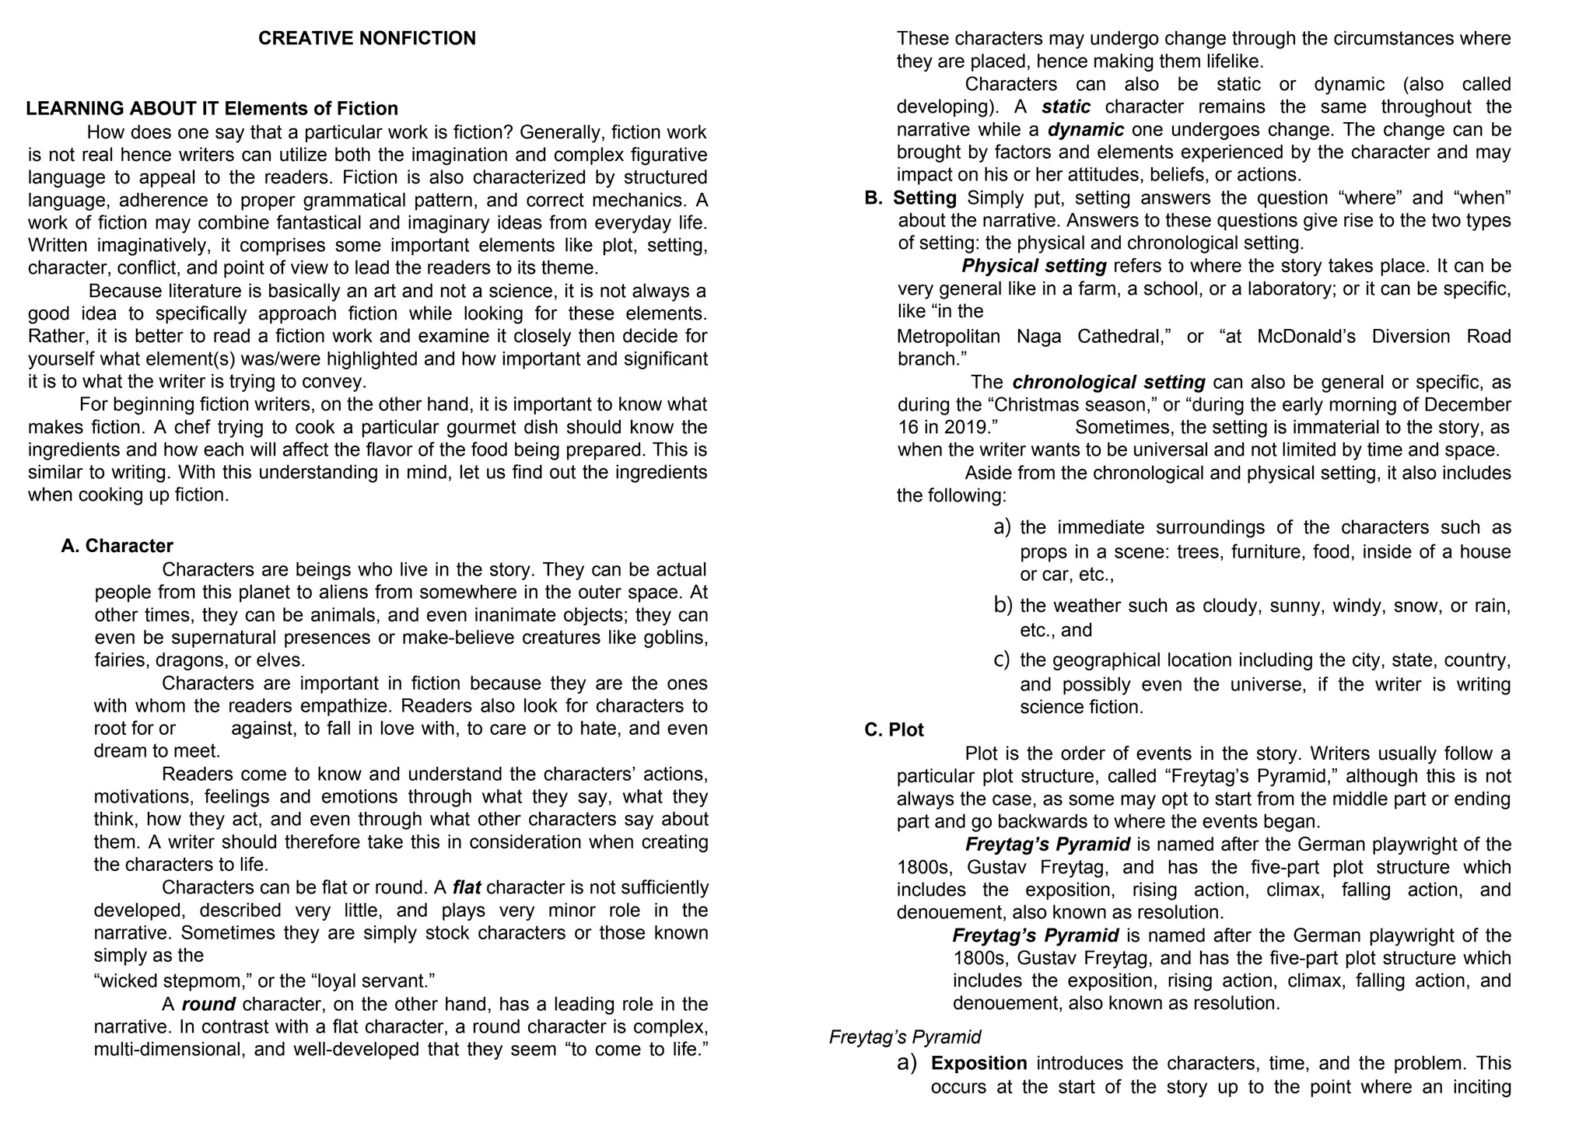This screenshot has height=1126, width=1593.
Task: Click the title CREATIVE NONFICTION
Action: coord(366,38)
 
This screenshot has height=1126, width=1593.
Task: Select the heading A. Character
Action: coord(117,546)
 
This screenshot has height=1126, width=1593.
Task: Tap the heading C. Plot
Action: coord(894,730)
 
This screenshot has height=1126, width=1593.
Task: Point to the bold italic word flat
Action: coord(467,887)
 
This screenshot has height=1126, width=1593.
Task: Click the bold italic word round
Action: coord(208,1004)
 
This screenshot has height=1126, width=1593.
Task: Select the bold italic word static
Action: coord(1066,107)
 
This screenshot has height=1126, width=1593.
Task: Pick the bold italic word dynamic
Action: coord(1085,129)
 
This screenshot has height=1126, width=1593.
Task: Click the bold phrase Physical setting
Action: coord(1034,266)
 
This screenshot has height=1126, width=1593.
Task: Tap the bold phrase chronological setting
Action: coord(1108,382)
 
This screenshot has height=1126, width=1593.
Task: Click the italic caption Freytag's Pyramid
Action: coord(905,1037)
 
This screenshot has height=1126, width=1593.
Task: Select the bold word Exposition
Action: coord(979,1063)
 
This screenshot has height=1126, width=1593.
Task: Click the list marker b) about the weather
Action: coord(1003,605)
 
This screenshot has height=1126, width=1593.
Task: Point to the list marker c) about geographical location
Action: coord(1002,659)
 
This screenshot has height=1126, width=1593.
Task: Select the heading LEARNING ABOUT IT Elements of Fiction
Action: coord(212,108)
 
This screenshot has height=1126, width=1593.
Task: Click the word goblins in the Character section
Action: coord(675,638)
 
